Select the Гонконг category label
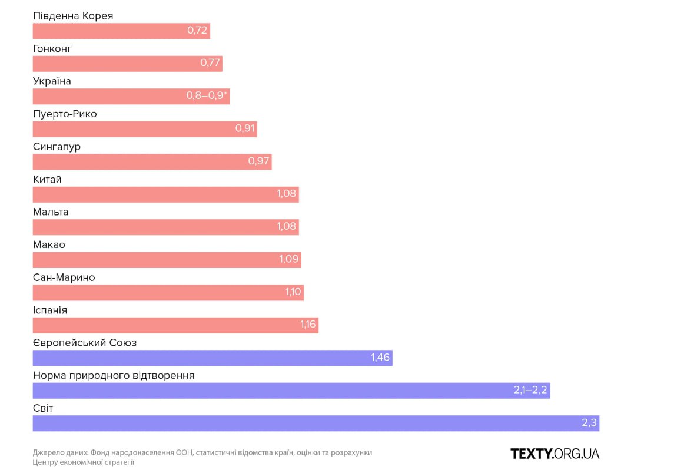(x=52, y=48)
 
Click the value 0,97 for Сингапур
(x=258, y=161)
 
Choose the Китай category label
(x=47, y=179)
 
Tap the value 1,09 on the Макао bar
(x=288, y=260)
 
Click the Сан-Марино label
(x=64, y=277)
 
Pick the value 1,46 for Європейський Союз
(x=380, y=358)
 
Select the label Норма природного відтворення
(x=114, y=375)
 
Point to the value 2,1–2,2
(x=530, y=391)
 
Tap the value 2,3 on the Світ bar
(x=589, y=423)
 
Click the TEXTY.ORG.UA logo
(x=555, y=454)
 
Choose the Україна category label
(x=52, y=81)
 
